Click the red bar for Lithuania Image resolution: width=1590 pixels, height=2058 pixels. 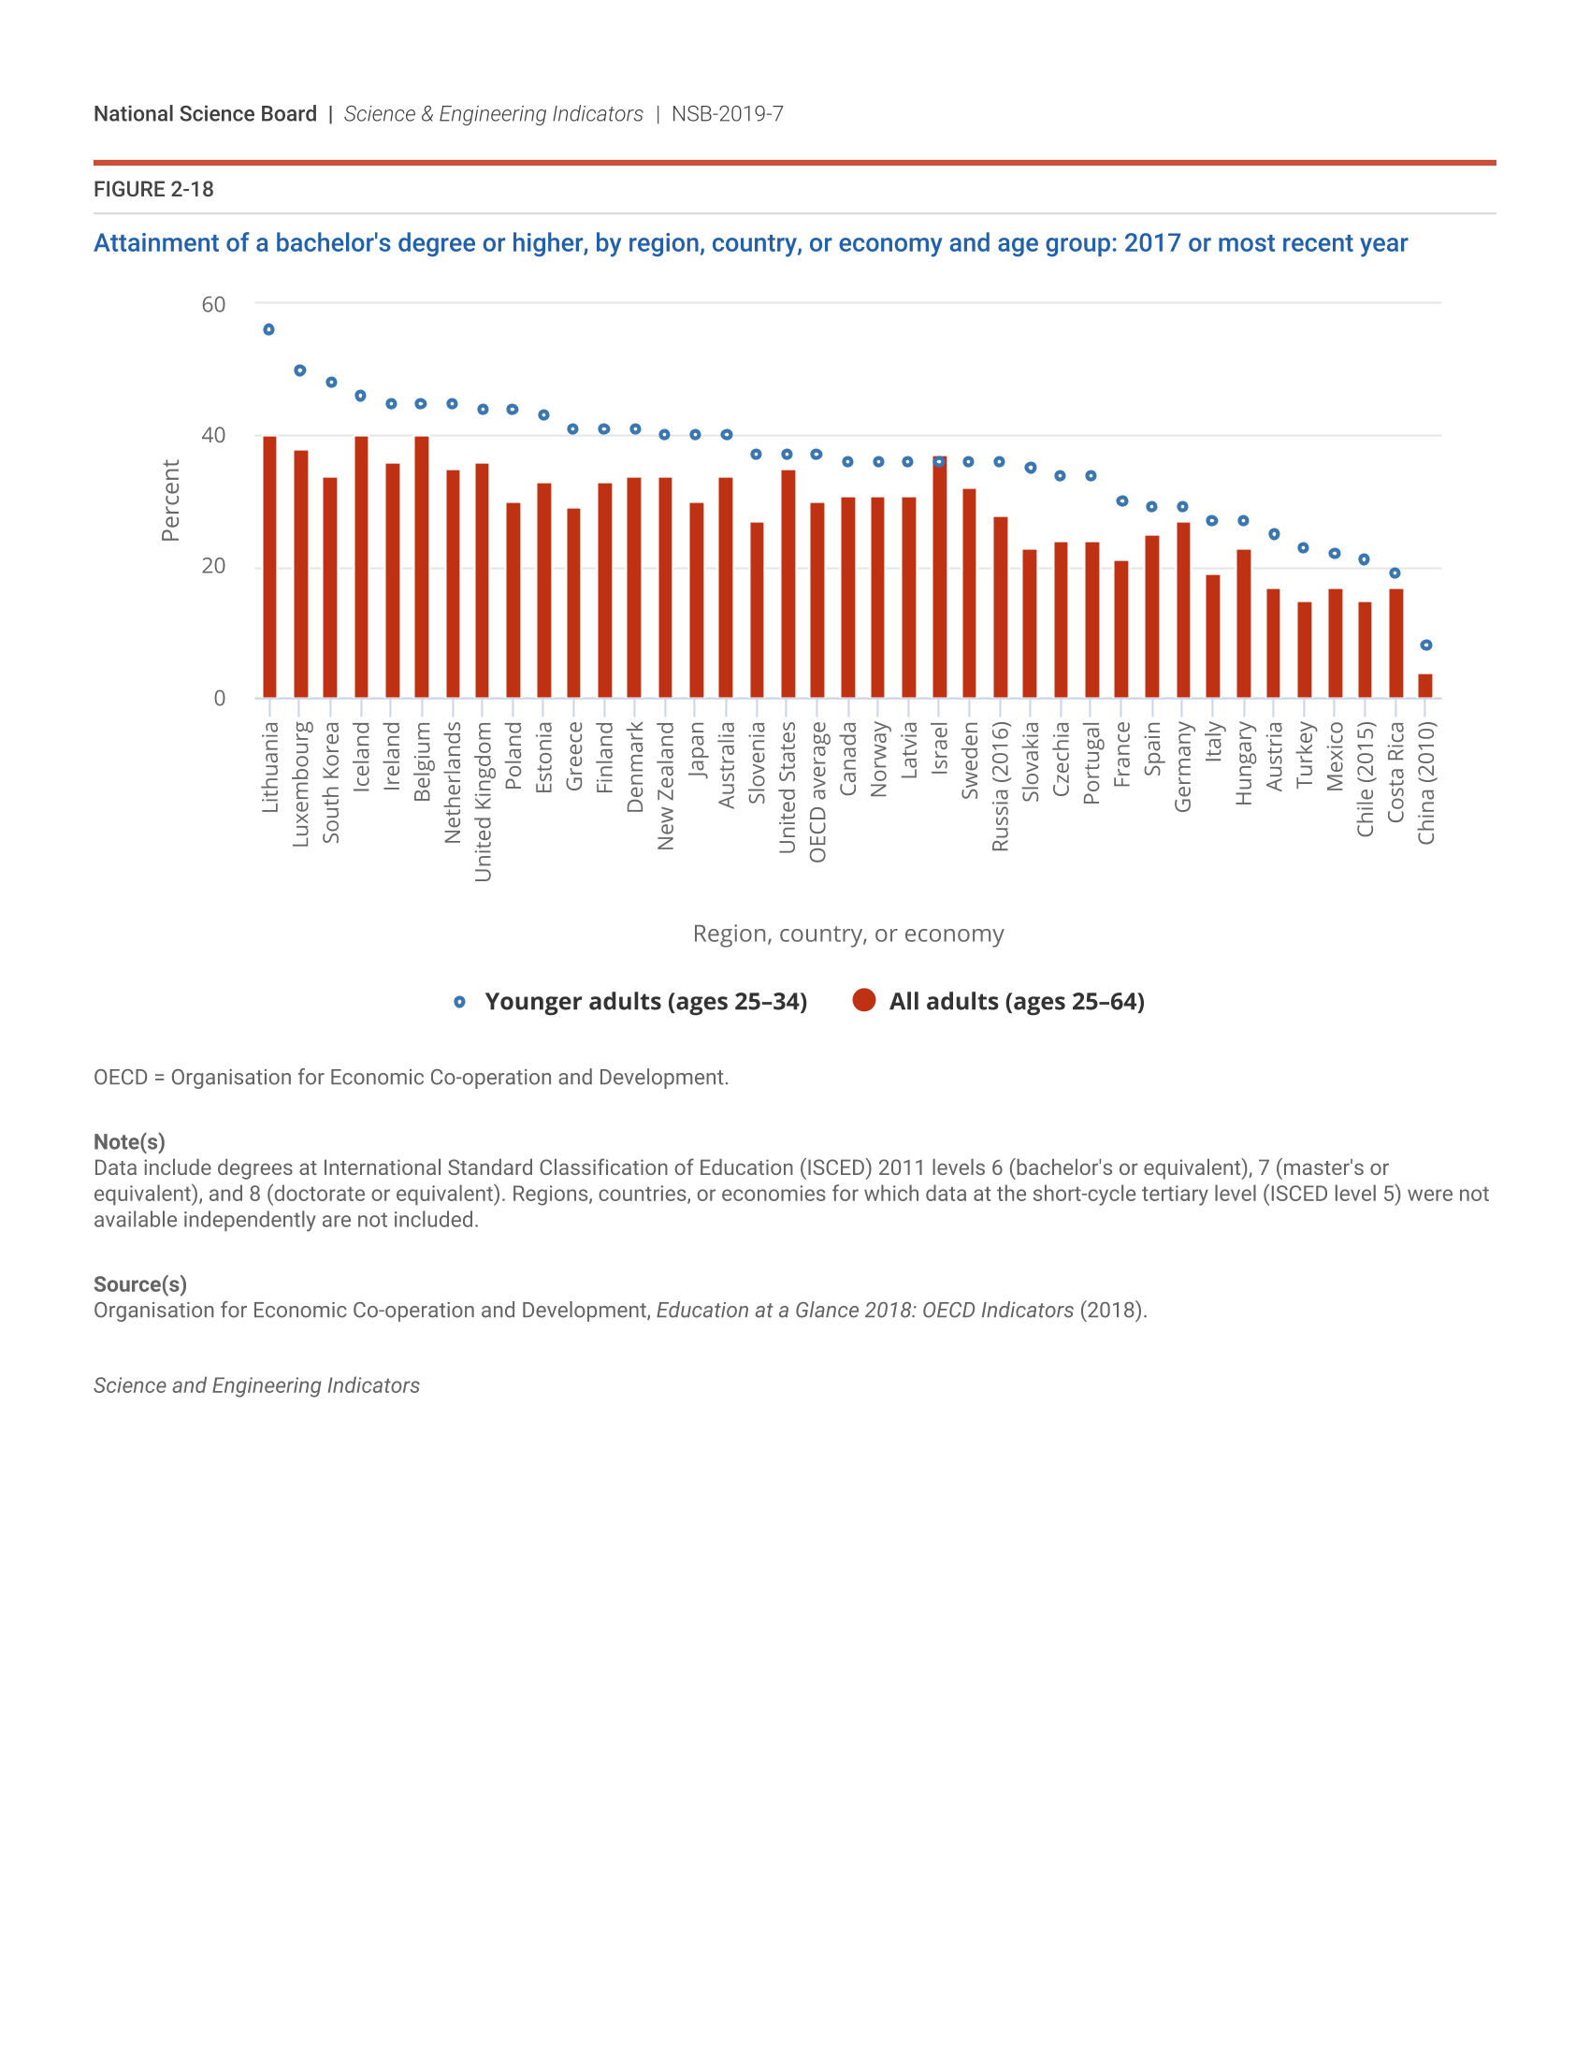269,566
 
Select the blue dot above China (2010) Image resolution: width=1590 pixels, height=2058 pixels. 1426,645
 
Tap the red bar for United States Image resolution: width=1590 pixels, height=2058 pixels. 788,585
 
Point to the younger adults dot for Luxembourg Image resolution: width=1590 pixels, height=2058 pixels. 299,370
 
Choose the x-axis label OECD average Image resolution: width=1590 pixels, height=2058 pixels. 817,791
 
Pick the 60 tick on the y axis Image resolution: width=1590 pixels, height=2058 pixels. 214,304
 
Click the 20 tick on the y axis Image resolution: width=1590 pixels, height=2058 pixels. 214,566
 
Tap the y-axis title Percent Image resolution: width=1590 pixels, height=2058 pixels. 170,500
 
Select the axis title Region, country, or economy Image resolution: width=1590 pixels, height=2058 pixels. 847,934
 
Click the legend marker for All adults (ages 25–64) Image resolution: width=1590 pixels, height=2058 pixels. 864,1001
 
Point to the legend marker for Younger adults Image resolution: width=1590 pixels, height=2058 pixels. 459,1002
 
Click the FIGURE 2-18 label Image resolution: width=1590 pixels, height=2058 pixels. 153,189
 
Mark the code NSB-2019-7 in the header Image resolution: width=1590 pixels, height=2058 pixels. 727,114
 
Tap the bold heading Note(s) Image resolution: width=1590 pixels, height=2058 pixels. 129,1142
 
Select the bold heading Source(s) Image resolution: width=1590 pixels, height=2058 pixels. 140,1284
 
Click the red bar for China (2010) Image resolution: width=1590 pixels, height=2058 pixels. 1425,686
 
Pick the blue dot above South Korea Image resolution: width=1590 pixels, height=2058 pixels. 330,383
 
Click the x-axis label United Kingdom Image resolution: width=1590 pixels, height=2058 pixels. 484,801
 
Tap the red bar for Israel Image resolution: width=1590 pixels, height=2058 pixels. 939,577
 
